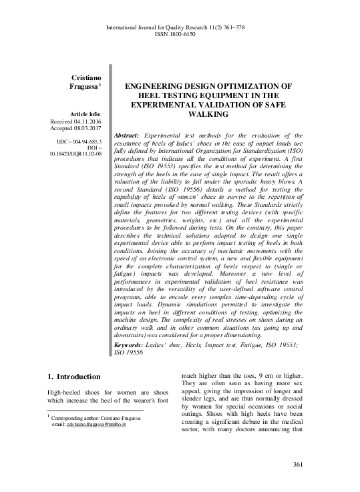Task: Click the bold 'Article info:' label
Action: click(x=80, y=114)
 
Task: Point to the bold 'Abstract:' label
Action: click(x=130, y=135)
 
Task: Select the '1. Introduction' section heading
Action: click(x=75, y=377)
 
